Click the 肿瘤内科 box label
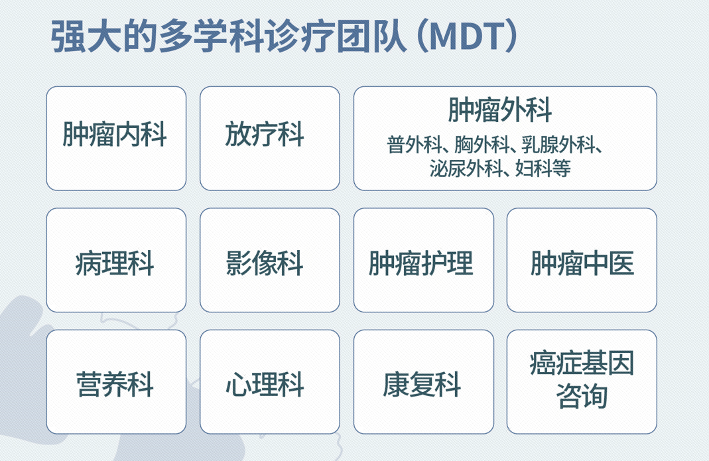point(115,135)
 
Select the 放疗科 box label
point(265,135)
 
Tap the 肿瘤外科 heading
point(499,110)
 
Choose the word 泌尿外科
point(466,168)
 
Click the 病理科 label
point(115,263)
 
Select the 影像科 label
point(265,263)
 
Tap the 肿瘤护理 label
point(421,263)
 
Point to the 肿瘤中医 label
point(582,263)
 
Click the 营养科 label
point(115,384)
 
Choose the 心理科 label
point(265,384)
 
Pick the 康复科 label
point(422,384)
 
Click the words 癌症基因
point(582,363)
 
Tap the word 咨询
point(582,396)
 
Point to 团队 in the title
point(371,36)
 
